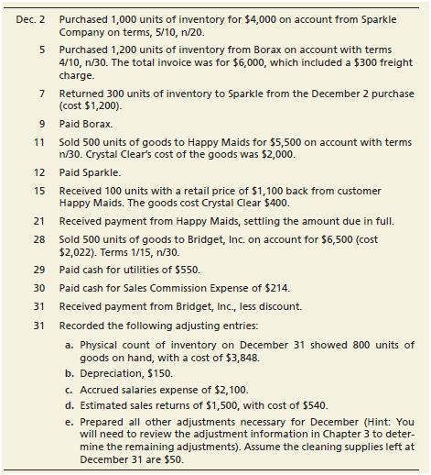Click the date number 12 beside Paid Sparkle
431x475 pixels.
41,171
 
